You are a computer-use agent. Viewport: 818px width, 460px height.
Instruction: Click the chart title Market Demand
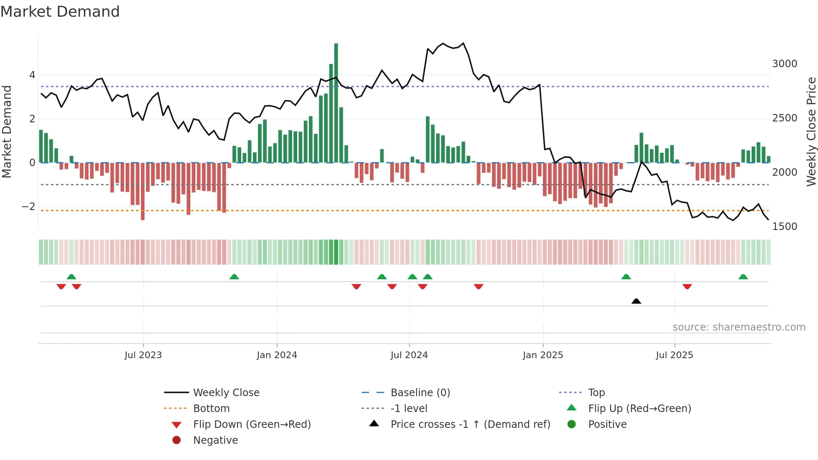click(x=60, y=12)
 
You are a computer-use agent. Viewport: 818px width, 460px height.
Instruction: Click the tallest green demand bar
click(x=336, y=102)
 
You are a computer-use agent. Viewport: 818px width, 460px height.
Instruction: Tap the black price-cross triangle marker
click(x=636, y=301)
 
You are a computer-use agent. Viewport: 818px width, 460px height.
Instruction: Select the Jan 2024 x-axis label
click(x=277, y=355)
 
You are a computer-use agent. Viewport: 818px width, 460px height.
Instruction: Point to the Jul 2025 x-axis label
click(x=674, y=355)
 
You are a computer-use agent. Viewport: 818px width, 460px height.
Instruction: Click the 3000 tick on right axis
click(x=784, y=64)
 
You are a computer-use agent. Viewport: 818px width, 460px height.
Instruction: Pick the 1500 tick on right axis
click(x=784, y=227)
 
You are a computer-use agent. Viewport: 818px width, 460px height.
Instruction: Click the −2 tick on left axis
click(x=28, y=207)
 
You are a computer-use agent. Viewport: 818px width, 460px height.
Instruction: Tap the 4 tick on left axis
click(x=32, y=75)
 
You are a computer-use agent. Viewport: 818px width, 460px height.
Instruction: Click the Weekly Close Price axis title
click(x=811, y=131)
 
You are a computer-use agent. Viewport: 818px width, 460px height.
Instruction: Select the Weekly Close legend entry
click(x=226, y=393)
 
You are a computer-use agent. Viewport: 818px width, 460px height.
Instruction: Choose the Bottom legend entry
click(x=211, y=409)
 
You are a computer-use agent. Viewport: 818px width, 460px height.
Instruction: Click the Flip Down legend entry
click(x=252, y=425)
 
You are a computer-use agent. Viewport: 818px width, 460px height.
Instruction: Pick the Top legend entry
click(x=596, y=393)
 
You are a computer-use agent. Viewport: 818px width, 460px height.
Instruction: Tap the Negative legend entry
click(x=215, y=440)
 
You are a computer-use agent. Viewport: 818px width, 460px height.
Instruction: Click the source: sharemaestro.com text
click(x=739, y=327)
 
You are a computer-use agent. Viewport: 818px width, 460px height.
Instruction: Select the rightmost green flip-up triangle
click(x=743, y=277)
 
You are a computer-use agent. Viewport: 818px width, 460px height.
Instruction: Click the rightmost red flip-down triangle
click(x=687, y=286)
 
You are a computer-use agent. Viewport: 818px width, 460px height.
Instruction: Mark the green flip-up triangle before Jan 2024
click(x=234, y=277)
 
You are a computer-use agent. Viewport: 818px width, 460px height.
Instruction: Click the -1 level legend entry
click(x=409, y=409)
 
